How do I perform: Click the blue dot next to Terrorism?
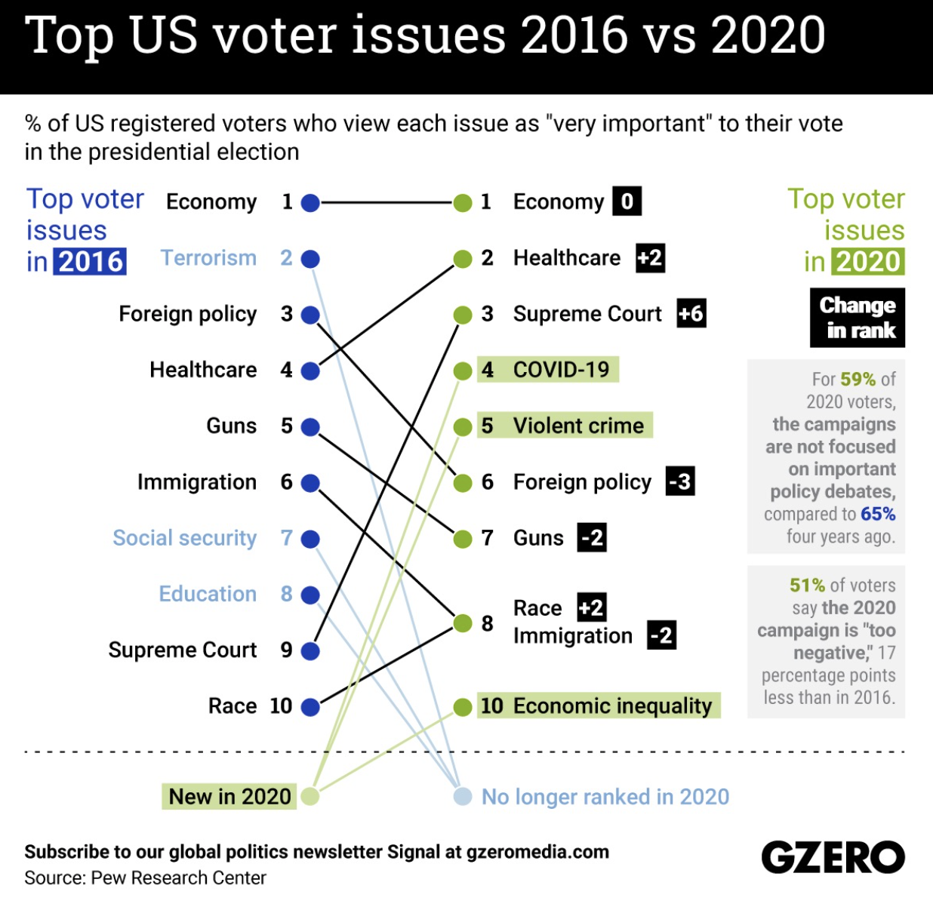tap(310, 259)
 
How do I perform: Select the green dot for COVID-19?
tap(463, 371)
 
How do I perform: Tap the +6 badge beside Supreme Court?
tap(691, 314)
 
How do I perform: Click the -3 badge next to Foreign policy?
tap(680, 481)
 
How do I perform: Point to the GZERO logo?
tap(833, 858)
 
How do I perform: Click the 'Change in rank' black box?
tap(858, 318)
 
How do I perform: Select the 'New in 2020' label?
tap(229, 797)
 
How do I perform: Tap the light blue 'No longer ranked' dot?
tap(463, 797)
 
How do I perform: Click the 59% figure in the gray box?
tap(858, 379)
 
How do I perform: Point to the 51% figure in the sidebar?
tap(807, 586)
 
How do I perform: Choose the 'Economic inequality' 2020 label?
tap(612, 706)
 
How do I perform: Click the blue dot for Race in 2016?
tap(310, 707)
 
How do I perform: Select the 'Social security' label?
tap(185, 538)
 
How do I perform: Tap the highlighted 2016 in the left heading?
tap(91, 262)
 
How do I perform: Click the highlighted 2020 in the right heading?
tap(868, 262)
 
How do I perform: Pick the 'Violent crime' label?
tap(578, 426)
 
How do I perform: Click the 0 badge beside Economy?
tap(627, 201)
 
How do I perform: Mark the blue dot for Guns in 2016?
tap(310, 427)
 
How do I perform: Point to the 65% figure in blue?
tap(878, 515)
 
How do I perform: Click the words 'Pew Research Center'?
tap(179, 878)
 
